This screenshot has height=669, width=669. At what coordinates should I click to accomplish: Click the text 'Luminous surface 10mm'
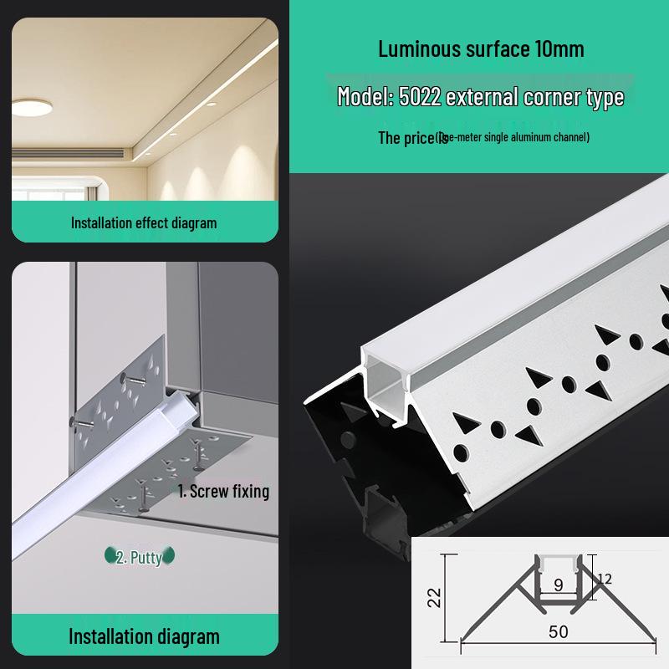(x=481, y=49)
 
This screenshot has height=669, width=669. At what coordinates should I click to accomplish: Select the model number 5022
(x=420, y=97)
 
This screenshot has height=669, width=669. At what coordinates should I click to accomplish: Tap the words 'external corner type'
(x=535, y=97)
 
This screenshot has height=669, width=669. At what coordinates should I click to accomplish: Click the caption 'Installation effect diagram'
(x=144, y=223)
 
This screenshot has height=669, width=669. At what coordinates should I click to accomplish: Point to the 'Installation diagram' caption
(x=144, y=636)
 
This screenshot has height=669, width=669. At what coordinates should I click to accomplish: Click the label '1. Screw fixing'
(x=224, y=491)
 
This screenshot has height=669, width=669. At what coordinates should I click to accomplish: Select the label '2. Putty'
(x=140, y=556)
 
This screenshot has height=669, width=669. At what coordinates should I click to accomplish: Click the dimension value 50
(x=559, y=632)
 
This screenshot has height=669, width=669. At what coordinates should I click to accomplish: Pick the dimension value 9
(x=558, y=585)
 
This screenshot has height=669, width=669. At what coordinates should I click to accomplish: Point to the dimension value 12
(x=605, y=579)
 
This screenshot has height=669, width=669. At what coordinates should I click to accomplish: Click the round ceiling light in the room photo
(x=31, y=107)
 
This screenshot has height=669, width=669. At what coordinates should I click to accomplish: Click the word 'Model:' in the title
(x=365, y=97)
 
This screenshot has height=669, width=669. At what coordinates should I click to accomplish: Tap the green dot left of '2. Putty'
(x=110, y=555)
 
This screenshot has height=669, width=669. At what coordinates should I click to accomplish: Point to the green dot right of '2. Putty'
(x=169, y=555)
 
